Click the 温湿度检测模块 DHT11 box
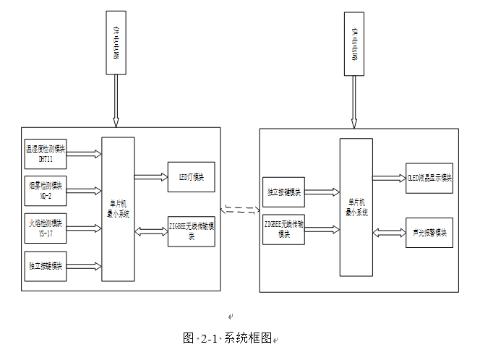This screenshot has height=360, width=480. click(45, 153)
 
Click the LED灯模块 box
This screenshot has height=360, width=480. click(191, 177)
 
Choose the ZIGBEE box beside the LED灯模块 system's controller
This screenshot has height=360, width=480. click(191, 231)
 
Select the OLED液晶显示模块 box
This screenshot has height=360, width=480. click(429, 178)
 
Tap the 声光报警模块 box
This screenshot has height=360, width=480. click(429, 233)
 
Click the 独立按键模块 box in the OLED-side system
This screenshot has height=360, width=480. click(283, 192)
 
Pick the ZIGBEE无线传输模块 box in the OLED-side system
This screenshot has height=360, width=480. click(283, 229)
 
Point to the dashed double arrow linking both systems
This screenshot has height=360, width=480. click(239, 210)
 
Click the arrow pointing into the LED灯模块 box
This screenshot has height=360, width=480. click(150, 176)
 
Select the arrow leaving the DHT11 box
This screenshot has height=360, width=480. click(83, 153)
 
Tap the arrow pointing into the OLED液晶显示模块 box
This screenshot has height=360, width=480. click(389, 178)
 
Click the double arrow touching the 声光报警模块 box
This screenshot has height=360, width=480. click(389, 233)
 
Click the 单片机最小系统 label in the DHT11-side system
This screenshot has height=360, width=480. click(118, 210)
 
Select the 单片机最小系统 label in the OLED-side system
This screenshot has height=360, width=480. click(356, 208)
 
